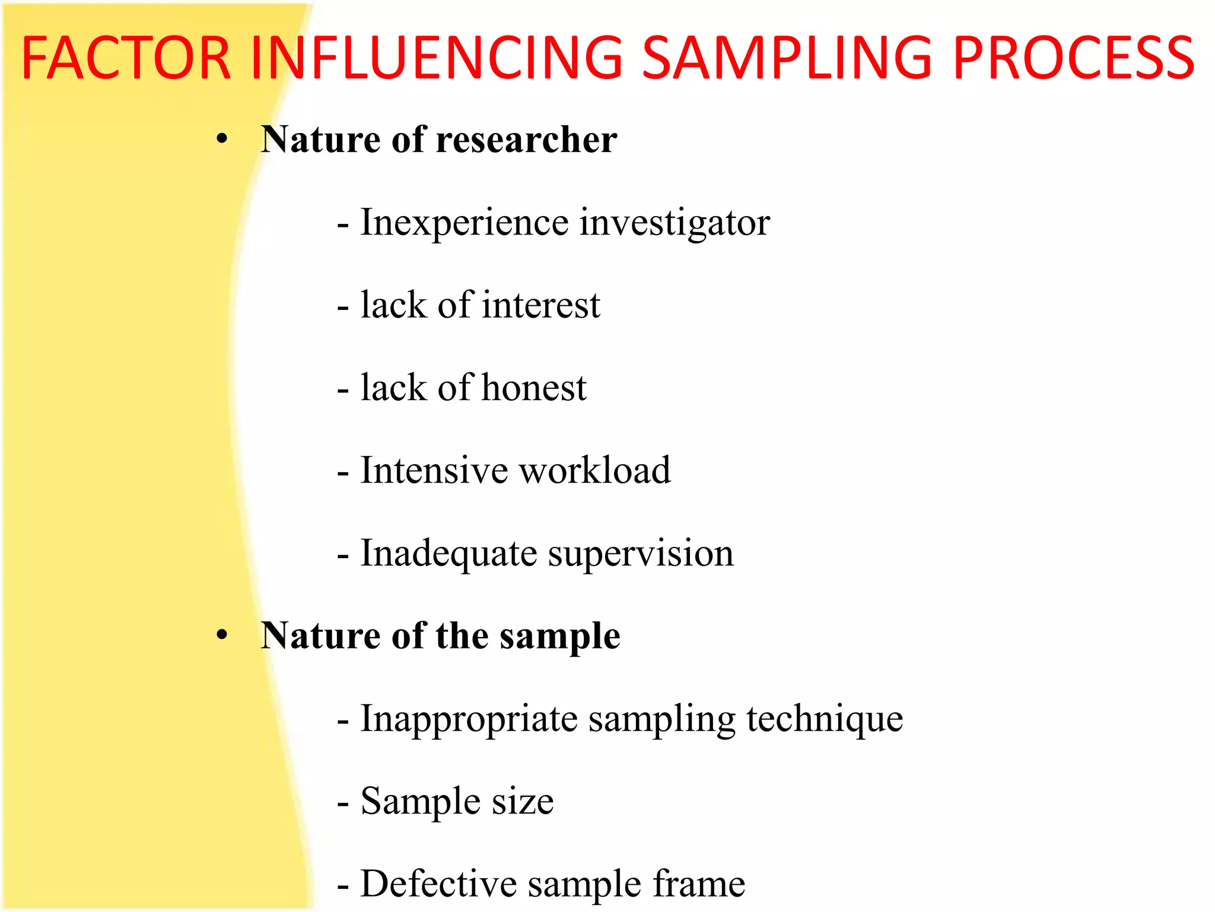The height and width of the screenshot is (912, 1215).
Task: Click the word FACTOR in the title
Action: [x=125, y=58]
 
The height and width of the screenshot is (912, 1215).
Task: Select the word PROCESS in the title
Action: [x=1074, y=58]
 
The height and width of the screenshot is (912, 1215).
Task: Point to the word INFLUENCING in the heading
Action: [x=436, y=58]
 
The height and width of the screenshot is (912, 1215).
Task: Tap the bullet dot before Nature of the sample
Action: [x=222, y=635]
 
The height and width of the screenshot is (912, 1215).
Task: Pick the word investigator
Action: [x=675, y=223]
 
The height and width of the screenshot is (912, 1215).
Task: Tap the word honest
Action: [x=534, y=388]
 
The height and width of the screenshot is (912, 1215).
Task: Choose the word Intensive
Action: [x=434, y=470]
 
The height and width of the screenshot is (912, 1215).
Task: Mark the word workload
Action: [x=595, y=470]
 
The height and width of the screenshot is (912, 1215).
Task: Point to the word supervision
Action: [x=641, y=553]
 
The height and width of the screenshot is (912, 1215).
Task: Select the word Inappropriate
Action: [x=469, y=719]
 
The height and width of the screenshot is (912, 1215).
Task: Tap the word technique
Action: [x=825, y=719]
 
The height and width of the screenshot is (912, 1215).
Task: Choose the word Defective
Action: [x=438, y=884]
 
